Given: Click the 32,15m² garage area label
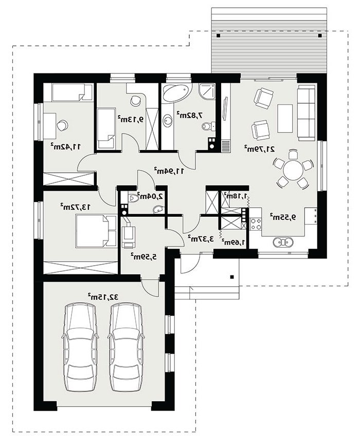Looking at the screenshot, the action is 103,297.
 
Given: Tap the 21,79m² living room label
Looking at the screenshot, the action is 260,149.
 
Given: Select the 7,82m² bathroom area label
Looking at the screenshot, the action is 190,115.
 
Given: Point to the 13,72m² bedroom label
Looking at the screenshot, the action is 76,207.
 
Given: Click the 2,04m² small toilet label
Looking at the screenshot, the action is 150,195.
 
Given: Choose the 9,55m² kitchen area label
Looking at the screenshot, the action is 282,217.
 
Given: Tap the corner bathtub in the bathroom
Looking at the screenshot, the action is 175,92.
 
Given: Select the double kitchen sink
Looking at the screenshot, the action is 283,243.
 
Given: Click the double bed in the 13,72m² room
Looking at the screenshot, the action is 96,231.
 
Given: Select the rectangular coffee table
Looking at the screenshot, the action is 285,118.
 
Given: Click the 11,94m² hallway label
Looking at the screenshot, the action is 169,171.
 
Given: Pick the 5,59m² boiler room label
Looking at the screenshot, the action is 143,257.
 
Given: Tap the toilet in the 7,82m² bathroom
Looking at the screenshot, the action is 209,126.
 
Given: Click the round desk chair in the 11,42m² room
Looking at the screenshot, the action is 62,125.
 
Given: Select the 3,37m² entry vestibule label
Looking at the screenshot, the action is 201,238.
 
